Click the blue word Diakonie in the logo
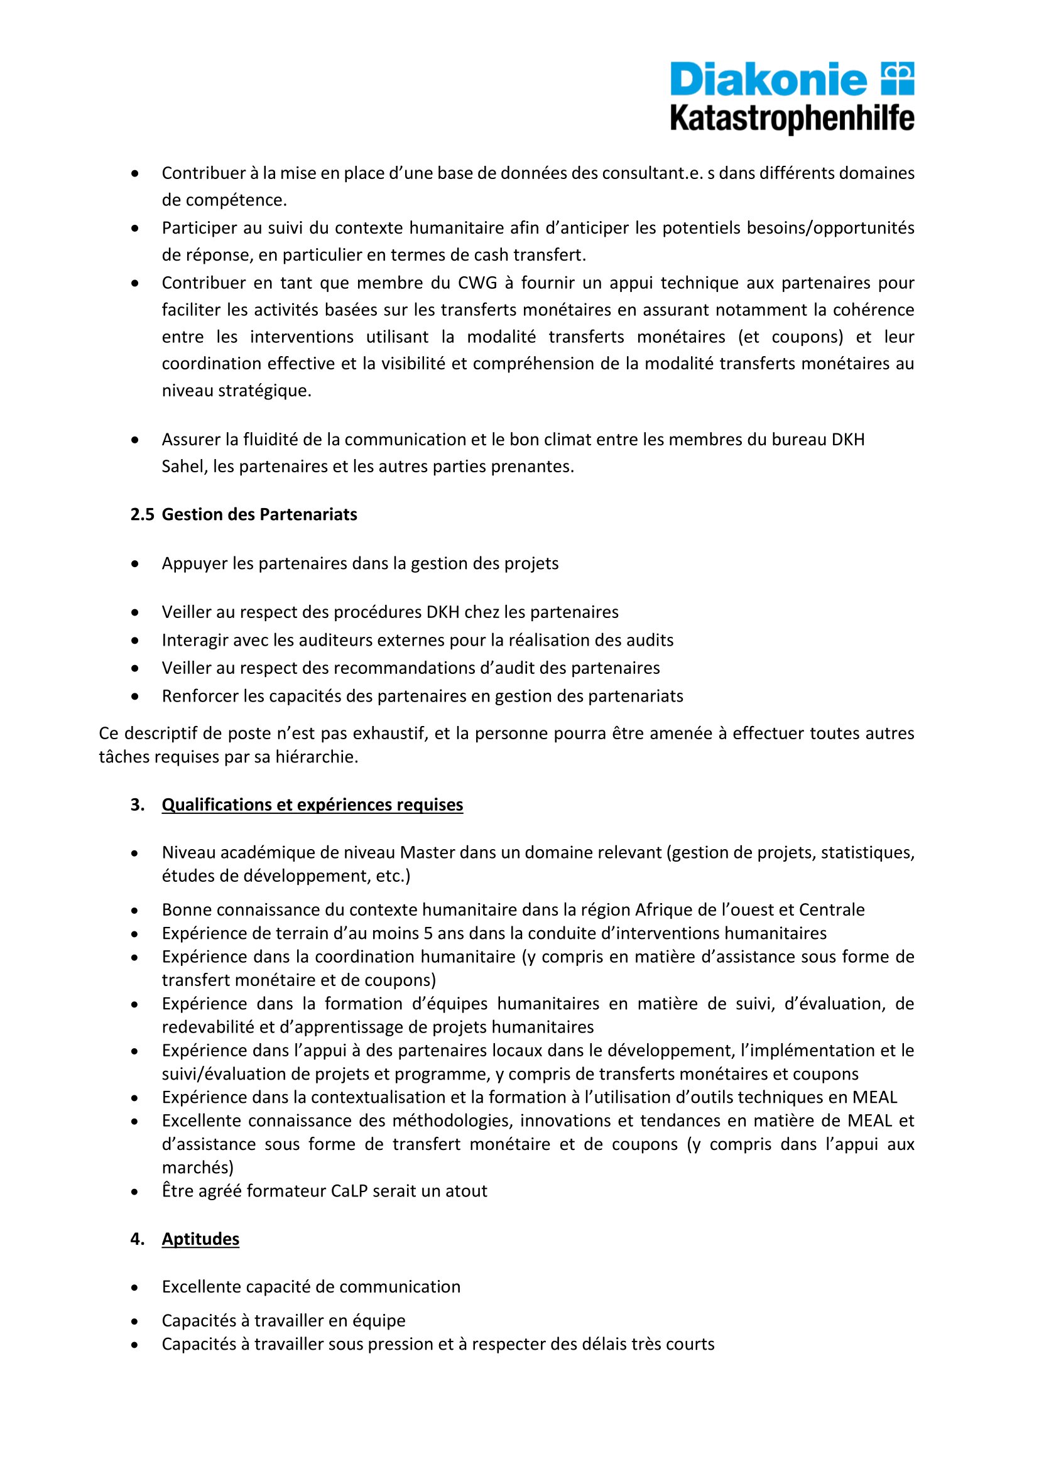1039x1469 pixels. coord(768,80)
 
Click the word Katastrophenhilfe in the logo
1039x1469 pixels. coord(791,119)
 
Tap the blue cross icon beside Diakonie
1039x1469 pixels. coord(898,78)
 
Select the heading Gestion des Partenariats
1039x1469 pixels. coord(259,514)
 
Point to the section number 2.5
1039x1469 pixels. coord(142,514)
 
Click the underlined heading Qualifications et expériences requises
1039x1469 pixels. coord(312,805)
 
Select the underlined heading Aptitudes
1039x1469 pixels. coord(200,1239)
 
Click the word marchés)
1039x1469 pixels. coord(198,1167)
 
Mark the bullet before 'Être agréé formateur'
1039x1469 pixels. coord(134,1191)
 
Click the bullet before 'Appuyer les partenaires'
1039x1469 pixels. coord(134,563)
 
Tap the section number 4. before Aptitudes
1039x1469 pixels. coord(138,1239)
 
